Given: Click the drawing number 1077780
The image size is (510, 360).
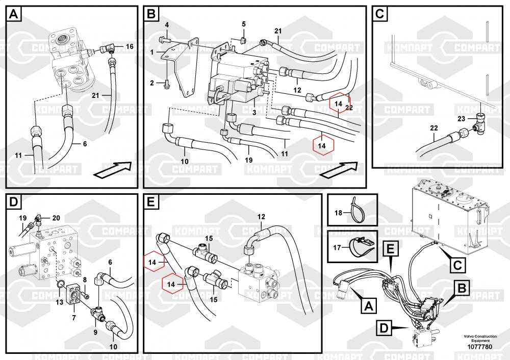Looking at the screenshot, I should [x=479, y=347].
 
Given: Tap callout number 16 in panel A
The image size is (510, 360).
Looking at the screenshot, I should [x=130, y=46].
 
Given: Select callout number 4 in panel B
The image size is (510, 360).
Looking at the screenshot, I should [x=166, y=25].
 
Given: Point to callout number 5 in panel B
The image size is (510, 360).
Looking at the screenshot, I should [x=243, y=24].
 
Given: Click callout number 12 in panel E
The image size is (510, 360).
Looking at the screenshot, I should [x=261, y=217].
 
